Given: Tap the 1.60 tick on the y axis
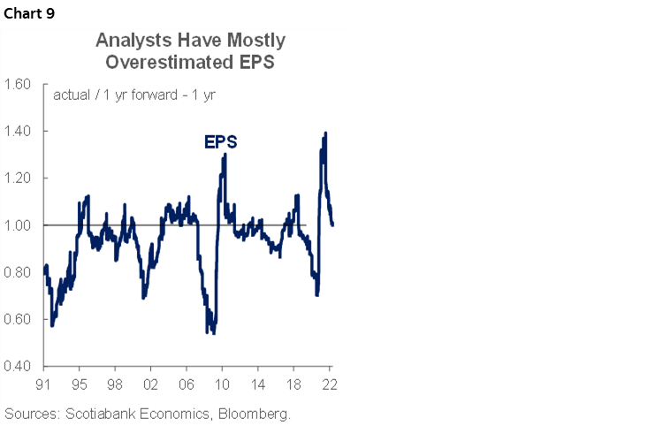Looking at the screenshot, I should tap(19, 85).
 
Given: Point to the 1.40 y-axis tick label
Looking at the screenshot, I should tap(19, 132).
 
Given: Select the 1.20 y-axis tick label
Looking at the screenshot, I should tap(19, 179).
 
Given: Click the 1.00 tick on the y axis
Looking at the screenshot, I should tap(19, 225).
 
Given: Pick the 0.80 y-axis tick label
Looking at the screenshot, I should tap(19, 272).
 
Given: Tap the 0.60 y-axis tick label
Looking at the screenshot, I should tap(19, 319).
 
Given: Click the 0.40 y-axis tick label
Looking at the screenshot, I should tap(19, 366).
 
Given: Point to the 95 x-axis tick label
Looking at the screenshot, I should tap(80, 384).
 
